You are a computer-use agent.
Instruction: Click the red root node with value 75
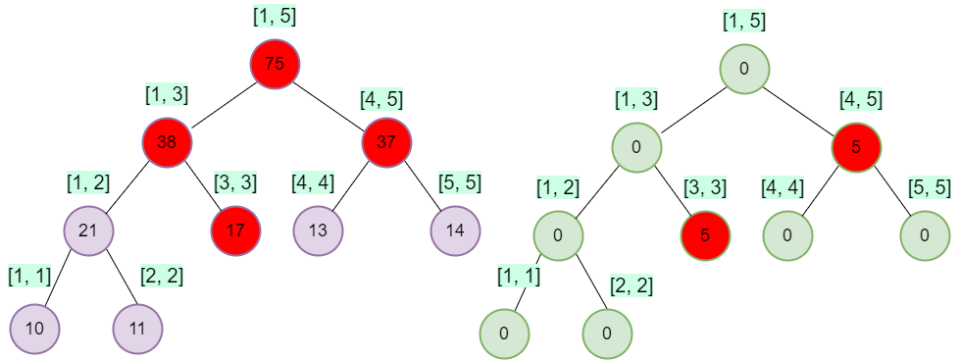coord(275,65)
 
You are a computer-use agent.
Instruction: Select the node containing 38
coord(166,142)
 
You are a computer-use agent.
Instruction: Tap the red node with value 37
coord(386,142)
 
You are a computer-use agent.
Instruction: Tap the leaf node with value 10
coord(34,328)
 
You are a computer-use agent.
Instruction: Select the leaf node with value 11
coord(137,328)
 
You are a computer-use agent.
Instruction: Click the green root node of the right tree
coord(744,69)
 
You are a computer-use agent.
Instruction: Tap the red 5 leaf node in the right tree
coord(705,236)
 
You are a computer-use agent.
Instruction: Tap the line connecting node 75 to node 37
coord(330,103)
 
